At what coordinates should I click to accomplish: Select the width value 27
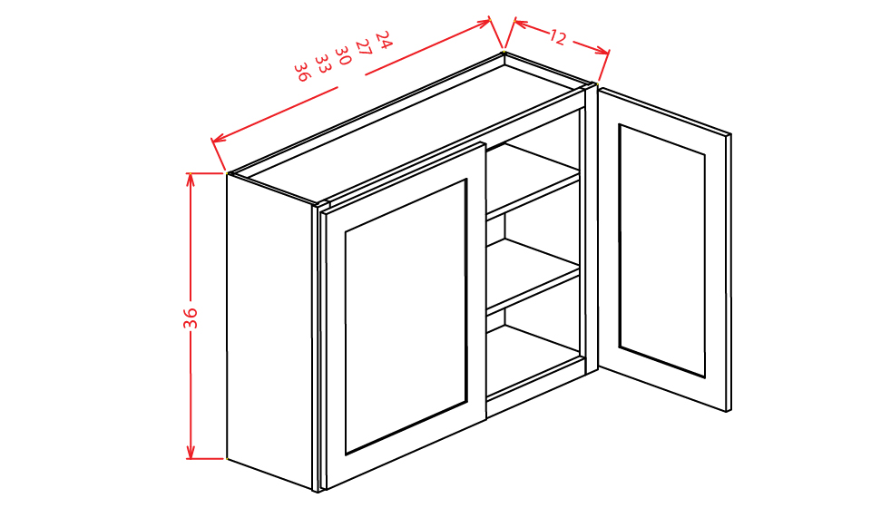(363, 47)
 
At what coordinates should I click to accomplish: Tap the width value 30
(343, 55)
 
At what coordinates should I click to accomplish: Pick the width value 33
(322, 63)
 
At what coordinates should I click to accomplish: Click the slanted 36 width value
(302, 71)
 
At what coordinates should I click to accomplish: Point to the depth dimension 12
(557, 37)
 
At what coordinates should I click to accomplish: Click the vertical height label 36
(191, 317)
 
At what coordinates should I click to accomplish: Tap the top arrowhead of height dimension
(191, 177)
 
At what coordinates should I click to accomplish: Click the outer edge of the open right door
(729, 272)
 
